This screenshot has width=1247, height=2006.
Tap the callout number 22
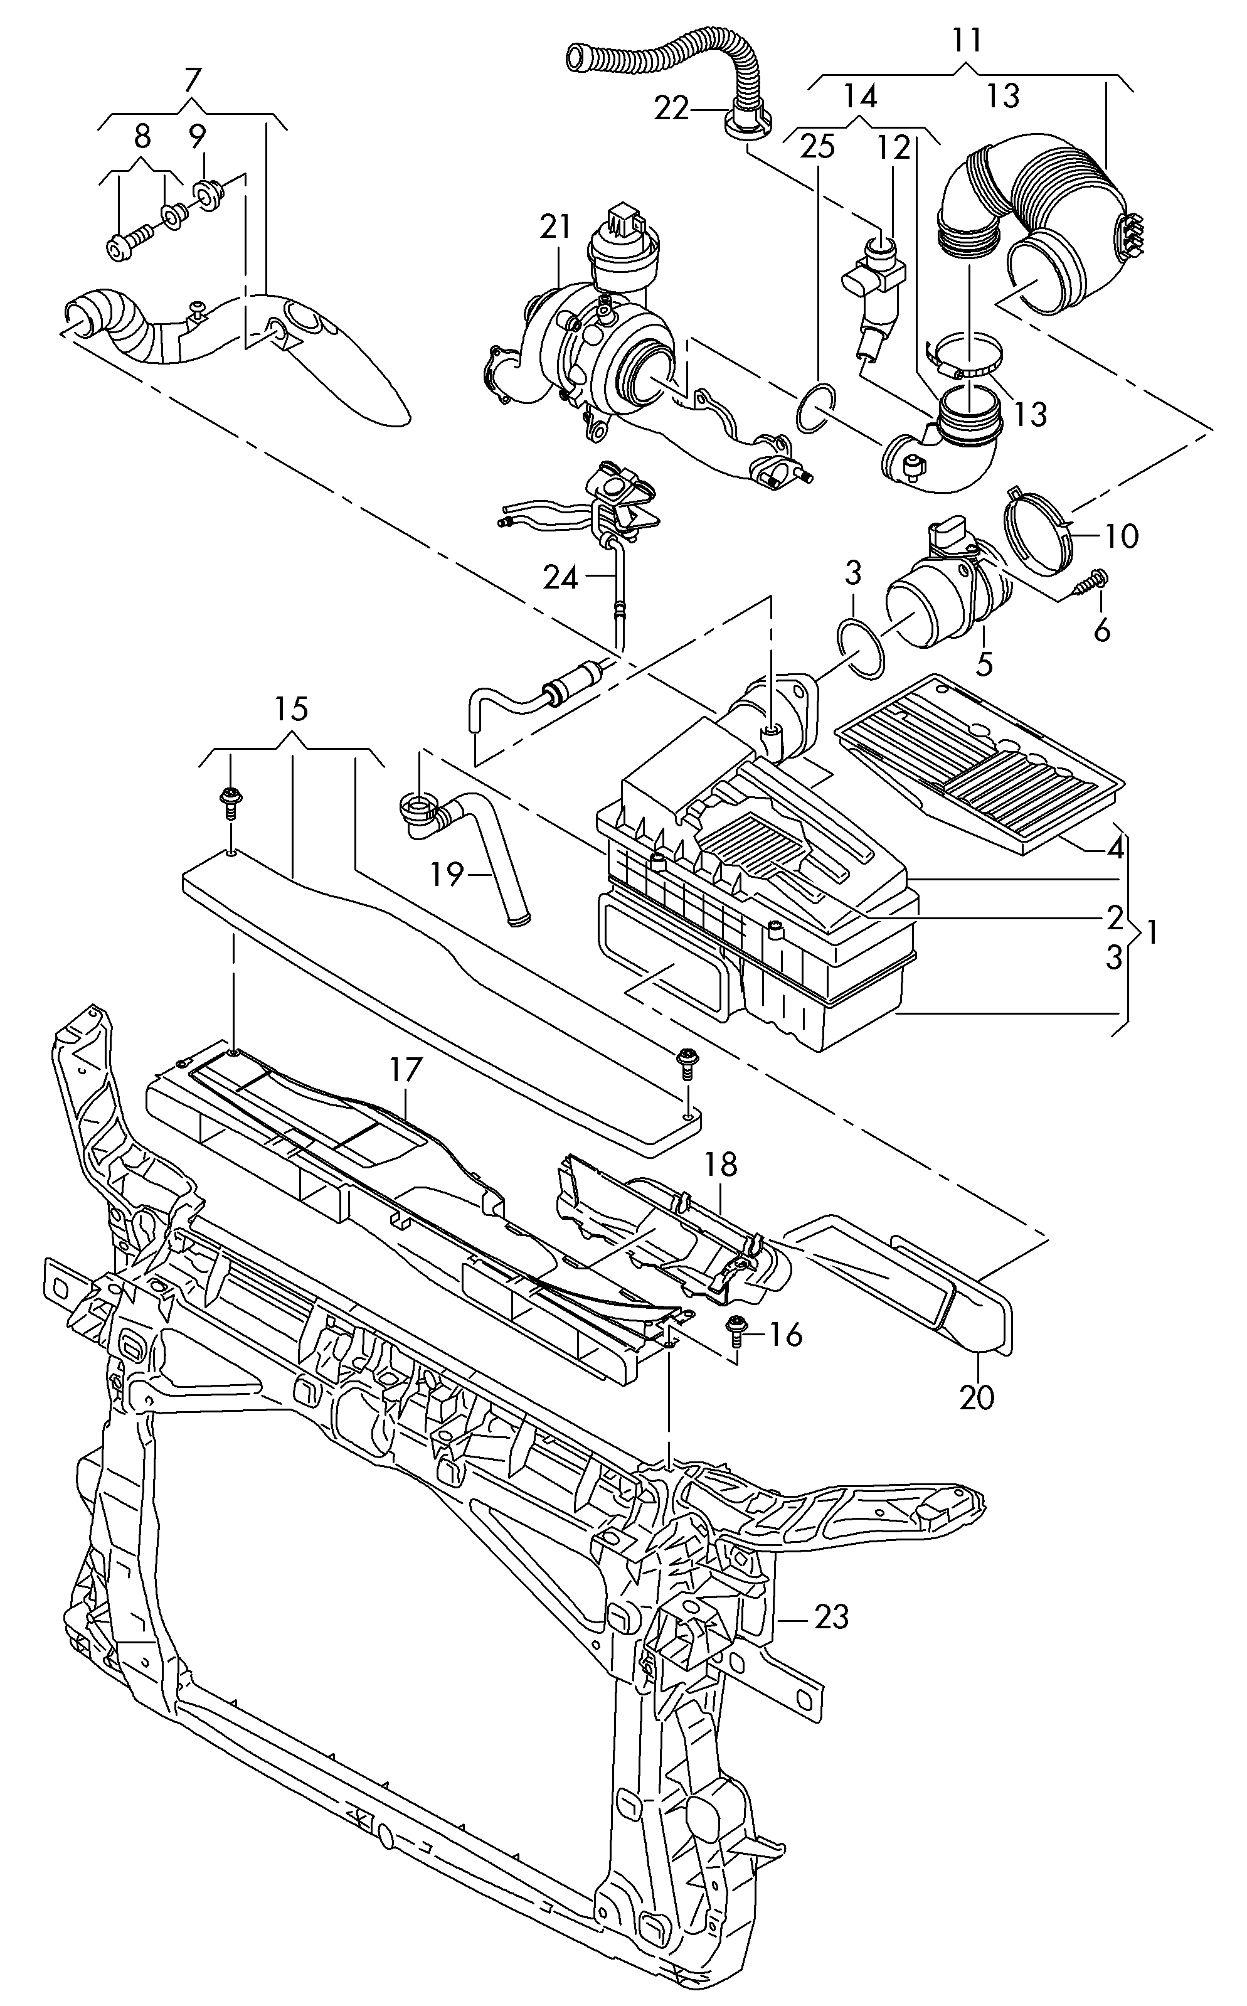pyautogui.click(x=671, y=108)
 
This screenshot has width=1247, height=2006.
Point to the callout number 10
pyautogui.click(x=1121, y=537)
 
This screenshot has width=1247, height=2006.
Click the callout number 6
pyautogui.click(x=1102, y=631)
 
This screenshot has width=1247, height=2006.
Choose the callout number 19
pyautogui.click(x=448, y=874)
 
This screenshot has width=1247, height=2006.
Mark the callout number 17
pyautogui.click(x=405, y=1070)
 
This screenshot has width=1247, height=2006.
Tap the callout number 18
pyautogui.click(x=721, y=1165)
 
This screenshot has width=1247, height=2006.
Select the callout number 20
pyautogui.click(x=977, y=1397)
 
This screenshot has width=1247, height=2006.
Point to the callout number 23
pyautogui.click(x=830, y=1618)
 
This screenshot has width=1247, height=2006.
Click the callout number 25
pyautogui.click(x=817, y=146)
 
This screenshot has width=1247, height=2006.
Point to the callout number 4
pyautogui.click(x=1115, y=847)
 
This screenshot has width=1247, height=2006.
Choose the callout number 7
pyautogui.click(x=191, y=80)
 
